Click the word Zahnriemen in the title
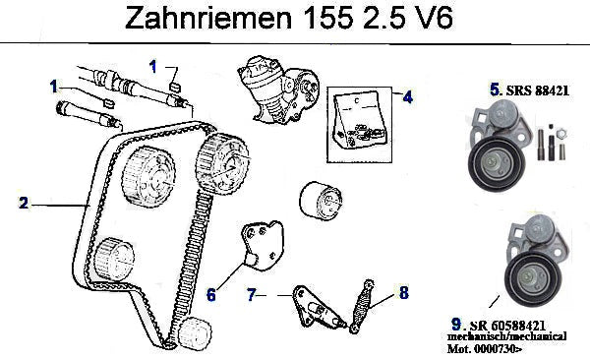click(208, 18)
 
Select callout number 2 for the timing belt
click(24, 203)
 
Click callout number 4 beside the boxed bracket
click(407, 96)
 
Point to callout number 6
click(211, 294)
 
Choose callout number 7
click(252, 294)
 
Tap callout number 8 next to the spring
click(404, 292)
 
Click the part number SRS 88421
click(538, 90)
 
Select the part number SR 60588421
click(507, 326)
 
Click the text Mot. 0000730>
click(485, 349)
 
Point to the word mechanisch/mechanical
click(506, 335)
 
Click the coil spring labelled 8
click(362, 306)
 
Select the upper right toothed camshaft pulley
click(222, 164)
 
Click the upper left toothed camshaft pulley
click(148, 177)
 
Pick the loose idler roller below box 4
click(321, 200)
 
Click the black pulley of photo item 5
click(496, 164)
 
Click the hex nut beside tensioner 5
click(561, 133)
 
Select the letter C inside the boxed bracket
click(356, 101)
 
